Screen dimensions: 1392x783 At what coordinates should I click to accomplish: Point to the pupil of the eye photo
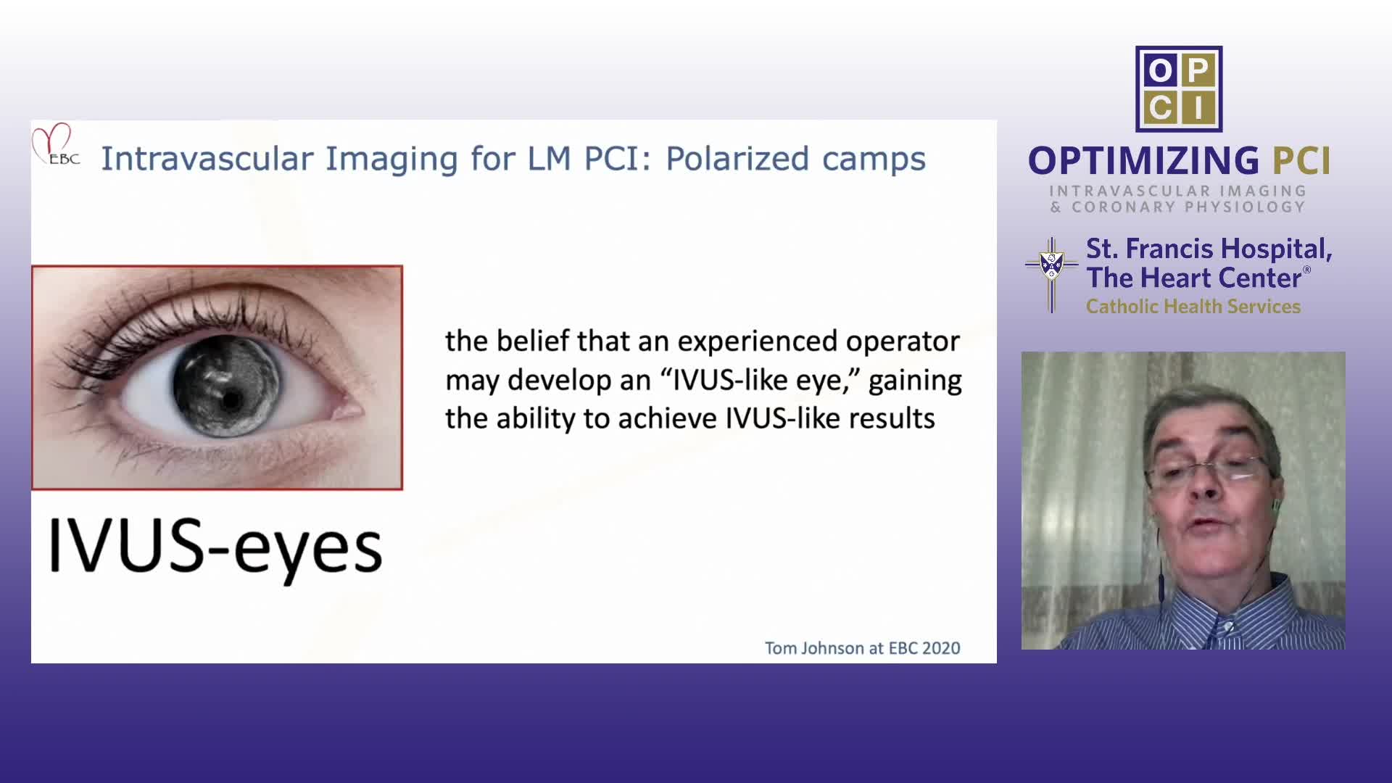pos(231,399)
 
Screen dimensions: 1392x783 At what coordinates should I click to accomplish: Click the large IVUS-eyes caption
pos(215,547)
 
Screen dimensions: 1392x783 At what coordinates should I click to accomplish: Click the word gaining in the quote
pos(915,381)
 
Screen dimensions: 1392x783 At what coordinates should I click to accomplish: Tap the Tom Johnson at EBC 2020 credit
pos(863,648)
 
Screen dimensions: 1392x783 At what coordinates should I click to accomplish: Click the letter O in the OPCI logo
pos(1160,71)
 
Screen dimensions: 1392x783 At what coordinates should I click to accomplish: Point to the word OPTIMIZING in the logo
pos(1144,161)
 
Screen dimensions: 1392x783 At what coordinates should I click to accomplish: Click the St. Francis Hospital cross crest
pos(1051,275)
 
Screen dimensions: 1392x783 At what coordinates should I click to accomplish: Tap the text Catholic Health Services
pos(1193,307)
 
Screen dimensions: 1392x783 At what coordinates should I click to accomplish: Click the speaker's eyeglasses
pos(1208,473)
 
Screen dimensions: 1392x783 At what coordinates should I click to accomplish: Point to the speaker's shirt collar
pos(1225,616)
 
